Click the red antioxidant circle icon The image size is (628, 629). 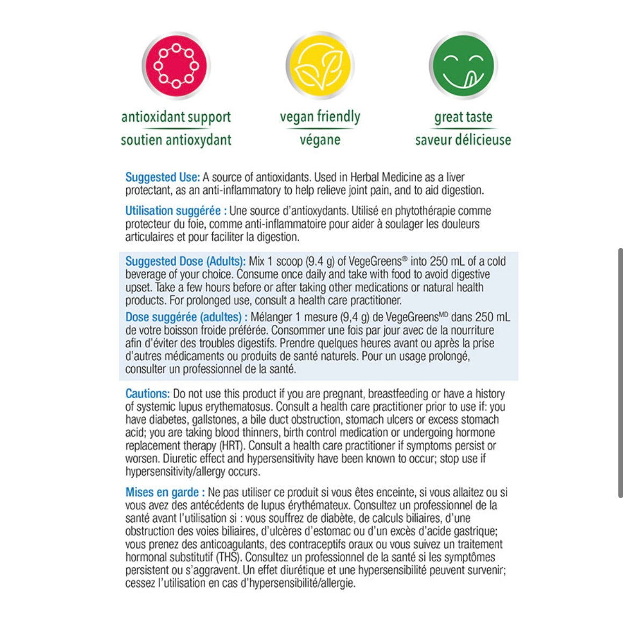[176, 65]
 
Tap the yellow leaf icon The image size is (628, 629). [320, 65]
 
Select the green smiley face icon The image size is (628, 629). [463, 65]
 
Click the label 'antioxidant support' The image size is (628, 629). [176, 117]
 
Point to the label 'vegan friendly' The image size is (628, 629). [320, 116]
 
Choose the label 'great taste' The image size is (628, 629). [463, 117]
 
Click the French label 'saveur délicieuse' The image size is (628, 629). [463, 140]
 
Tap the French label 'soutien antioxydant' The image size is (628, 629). [176, 140]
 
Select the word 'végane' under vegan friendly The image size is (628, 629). [320, 140]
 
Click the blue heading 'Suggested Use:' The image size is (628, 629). [162, 177]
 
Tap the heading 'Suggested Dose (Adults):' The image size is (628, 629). [185, 261]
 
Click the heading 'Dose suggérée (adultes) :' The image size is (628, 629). [186, 317]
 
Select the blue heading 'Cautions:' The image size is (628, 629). [147, 394]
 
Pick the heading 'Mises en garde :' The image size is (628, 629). [165, 492]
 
